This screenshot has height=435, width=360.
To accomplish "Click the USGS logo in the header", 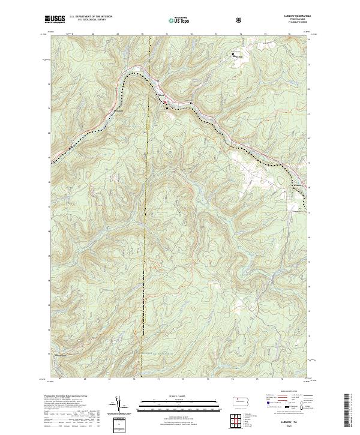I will tap(55, 19).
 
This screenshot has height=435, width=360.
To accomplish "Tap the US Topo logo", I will tap(179, 19).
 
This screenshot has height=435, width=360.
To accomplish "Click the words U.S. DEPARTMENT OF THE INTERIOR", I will tap(91, 17).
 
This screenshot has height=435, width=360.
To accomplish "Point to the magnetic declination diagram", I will tap(118, 404).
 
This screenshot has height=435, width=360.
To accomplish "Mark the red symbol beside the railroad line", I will tap(166, 103).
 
